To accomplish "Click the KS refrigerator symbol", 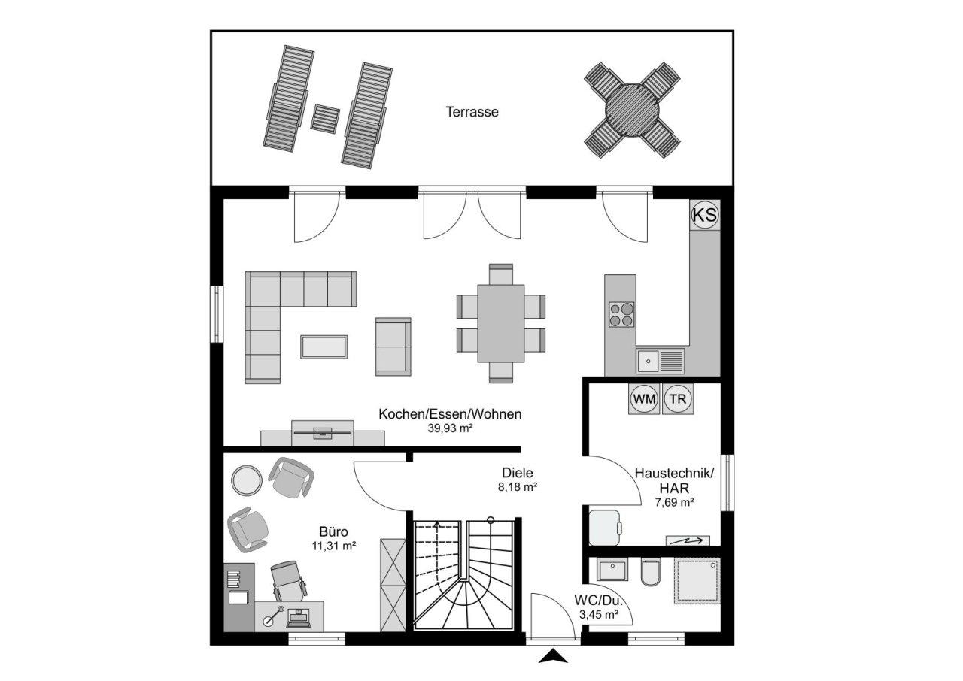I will [x=705, y=216].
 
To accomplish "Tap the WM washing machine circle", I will [x=644, y=399].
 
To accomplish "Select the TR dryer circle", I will [x=678, y=399].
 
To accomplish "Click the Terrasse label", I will [x=472, y=112].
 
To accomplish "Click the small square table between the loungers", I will [x=326, y=119].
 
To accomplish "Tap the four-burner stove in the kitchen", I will [x=621, y=314].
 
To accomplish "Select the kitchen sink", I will [x=648, y=361].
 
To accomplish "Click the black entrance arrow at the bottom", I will [x=554, y=658].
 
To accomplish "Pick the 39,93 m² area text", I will [x=450, y=428].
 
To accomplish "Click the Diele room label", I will [x=518, y=473].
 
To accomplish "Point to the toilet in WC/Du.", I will [x=650, y=575].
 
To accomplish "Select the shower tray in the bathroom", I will [x=696, y=580].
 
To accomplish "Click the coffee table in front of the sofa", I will [x=324, y=347].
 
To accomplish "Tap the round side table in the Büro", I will [x=246, y=480].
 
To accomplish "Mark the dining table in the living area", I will [x=501, y=322].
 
